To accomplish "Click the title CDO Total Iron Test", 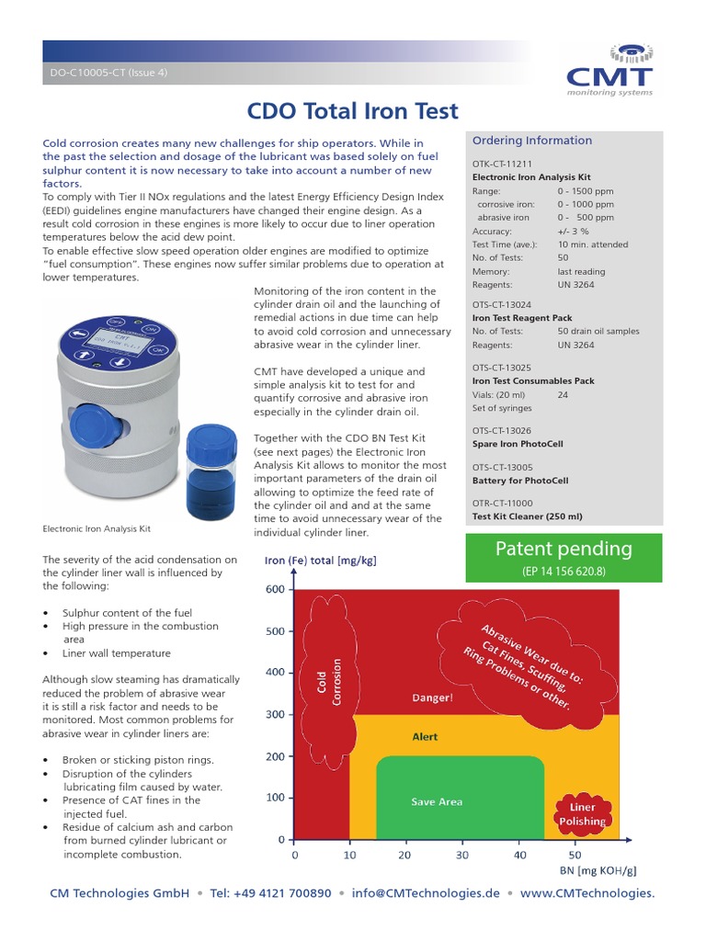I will (x=353, y=111).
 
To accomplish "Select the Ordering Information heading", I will (x=531, y=141).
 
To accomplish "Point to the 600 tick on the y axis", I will (x=276, y=590).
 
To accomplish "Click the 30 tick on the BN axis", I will (x=462, y=855).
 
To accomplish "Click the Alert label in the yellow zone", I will (x=425, y=737).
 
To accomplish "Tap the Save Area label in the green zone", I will (x=437, y=802).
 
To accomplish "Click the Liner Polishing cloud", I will (x=582, y=814).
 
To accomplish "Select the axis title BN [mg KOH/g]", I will (x=598, y=869).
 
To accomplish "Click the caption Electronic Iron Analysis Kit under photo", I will (x=97, y=529).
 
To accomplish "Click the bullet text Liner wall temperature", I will (x=116, y=653).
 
